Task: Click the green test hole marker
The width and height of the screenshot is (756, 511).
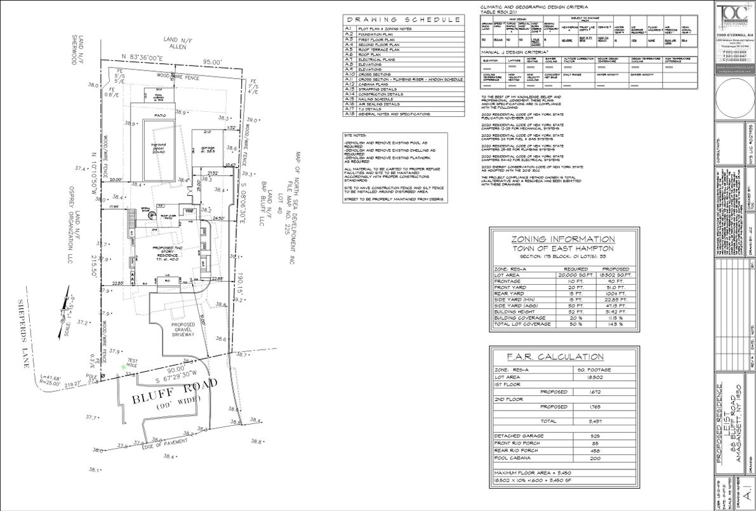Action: tap(123, 367)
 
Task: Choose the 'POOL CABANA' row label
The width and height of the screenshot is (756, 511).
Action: tap(512, 458)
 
